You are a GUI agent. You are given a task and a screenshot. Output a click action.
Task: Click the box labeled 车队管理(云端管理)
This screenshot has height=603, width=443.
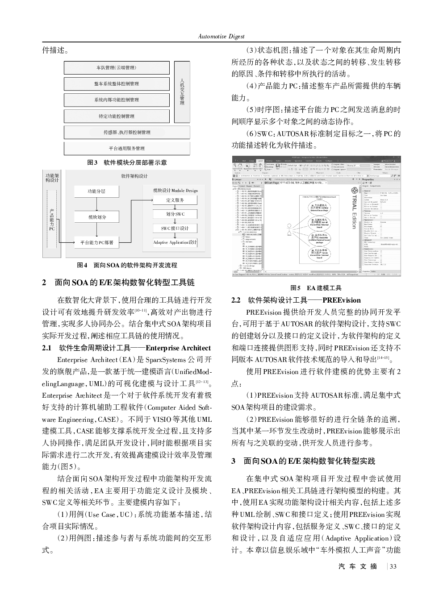point(117,68)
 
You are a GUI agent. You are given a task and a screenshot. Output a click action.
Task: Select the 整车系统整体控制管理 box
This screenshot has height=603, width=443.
point(117,84)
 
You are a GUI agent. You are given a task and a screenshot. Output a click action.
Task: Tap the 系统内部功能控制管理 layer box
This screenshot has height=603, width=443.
point(117,100)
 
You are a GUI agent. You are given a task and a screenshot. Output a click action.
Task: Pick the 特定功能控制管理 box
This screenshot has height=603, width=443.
point(117,116)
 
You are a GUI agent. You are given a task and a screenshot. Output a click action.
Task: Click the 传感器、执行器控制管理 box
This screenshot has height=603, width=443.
point(127,133)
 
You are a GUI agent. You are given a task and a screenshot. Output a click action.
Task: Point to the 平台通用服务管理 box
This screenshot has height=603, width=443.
point(127,148)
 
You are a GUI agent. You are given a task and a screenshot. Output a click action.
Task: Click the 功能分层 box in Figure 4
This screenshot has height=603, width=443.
point(96,191)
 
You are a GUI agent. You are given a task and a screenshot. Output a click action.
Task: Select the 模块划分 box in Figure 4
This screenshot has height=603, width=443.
point(96,217)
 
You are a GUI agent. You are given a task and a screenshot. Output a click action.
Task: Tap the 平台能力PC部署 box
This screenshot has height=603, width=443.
point(96,243)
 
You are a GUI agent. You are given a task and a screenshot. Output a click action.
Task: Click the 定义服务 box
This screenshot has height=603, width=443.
point(175,200)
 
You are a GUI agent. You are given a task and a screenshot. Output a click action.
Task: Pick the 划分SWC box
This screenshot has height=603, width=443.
point(175,214)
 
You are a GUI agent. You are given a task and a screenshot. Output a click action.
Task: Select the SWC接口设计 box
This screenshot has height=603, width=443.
point(175,229)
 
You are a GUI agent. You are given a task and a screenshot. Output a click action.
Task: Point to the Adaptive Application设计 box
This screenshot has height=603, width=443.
point(175,242)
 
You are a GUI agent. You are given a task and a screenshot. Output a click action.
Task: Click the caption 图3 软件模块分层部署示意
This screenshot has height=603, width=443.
point(127,163)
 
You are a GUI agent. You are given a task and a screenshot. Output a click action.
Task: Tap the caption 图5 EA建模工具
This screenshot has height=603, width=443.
point(316,288)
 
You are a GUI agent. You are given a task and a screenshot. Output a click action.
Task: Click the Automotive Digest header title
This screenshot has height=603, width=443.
point(221,36)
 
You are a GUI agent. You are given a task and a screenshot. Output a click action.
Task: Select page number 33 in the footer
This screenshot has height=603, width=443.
point(393,567)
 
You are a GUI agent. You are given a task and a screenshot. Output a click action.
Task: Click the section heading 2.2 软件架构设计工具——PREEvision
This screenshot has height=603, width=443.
point(296,300)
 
